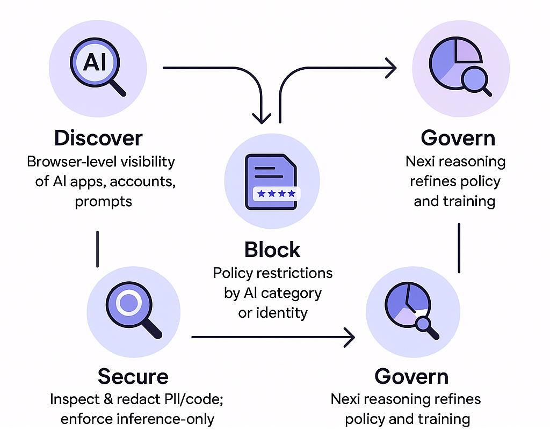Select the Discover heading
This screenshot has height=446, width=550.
tap(98, 138)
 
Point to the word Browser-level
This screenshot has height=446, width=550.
tap(66, 162)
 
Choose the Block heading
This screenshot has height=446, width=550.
tap(272, 250)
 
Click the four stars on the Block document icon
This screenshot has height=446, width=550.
tap(276, 193)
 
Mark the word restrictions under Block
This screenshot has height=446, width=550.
tap(294, 273)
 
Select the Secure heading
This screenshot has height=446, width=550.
tap(133, 376)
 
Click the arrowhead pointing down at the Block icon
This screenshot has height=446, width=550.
tap(262, 118)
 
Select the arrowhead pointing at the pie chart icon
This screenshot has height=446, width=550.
tap(390, 68)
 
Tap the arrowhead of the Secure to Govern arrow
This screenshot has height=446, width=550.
tap(350, 338)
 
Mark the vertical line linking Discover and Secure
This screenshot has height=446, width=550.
tap(97, 248)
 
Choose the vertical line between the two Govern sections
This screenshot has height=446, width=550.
tap(459, 248)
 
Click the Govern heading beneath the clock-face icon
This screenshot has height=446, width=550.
tap(411, 376)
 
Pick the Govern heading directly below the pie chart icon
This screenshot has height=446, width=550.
tap(458, 138)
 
